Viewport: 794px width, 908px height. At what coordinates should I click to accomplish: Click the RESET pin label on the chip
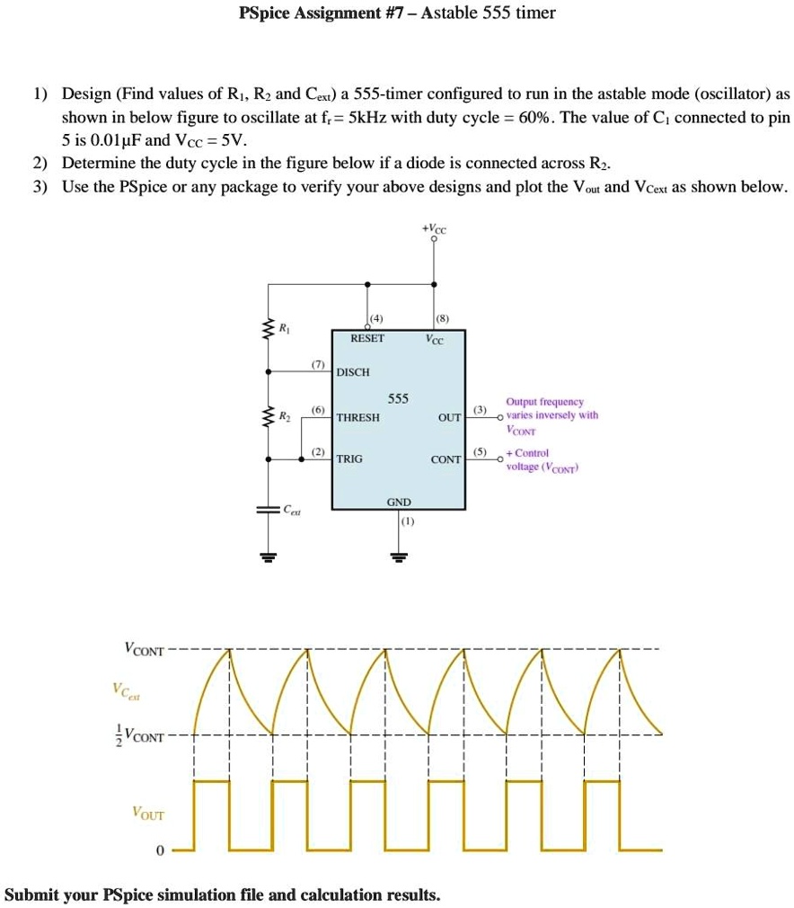[367, 339]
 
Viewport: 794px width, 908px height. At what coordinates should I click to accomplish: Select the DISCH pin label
[353, 372]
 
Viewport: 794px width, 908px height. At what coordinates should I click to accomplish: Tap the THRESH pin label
[358, 418]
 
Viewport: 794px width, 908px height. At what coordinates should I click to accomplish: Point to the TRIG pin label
[350, 458]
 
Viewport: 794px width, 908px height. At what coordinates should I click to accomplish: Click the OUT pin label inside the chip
[449, 418]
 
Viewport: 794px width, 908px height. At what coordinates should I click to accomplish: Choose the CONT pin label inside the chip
[446, 458]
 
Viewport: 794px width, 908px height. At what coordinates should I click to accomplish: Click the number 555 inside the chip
[398, 398]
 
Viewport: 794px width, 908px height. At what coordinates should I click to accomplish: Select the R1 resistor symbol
[267, 332]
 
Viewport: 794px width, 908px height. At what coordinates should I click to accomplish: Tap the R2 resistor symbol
[267, 418]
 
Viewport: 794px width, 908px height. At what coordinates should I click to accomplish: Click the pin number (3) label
[481, 411]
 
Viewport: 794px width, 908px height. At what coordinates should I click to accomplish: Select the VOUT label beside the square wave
[148, 813]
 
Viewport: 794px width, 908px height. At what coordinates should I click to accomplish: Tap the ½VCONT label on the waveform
[140, 735]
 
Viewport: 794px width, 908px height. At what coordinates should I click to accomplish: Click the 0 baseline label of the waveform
[159, 850]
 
